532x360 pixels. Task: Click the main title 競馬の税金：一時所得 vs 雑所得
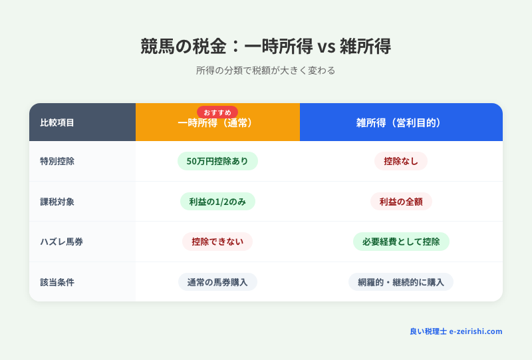point(265,46)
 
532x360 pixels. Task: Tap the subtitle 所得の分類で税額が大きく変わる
point(265,71)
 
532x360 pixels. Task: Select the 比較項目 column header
point(57,122)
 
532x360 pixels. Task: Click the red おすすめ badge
point(217,112)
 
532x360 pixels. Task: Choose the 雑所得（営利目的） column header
point(400,122)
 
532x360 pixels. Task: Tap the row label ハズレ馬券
point(57,242)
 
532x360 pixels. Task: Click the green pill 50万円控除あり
point(217,161)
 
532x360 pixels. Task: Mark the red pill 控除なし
point(401,161)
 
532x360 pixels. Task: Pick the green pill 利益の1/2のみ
point(217,202)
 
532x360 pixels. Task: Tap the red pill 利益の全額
point(401,202)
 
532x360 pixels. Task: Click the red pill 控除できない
point(217,242)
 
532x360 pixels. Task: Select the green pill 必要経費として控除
point(401,242)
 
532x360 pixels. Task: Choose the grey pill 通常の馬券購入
point(217,282)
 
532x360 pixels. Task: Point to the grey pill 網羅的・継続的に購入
point(401,282)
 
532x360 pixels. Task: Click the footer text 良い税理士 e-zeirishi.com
point(456,331)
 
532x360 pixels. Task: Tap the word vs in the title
point(324,47)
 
